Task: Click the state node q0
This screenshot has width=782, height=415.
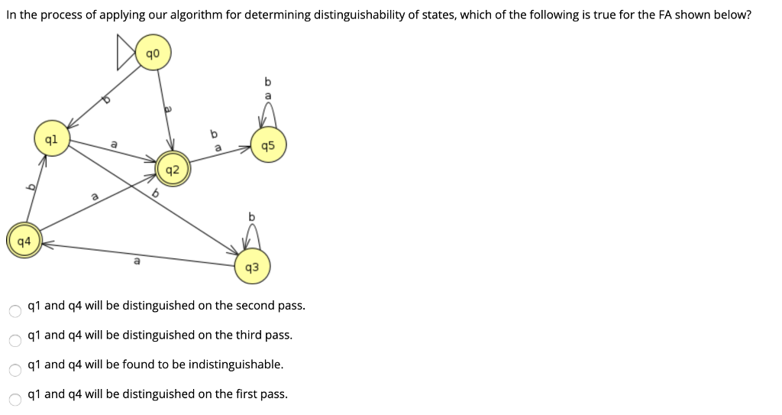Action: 153,53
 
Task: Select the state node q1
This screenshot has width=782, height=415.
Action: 50,140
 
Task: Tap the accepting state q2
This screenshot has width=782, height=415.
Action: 172,170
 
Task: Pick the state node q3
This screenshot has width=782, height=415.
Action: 252,267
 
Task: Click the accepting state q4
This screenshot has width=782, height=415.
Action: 24,242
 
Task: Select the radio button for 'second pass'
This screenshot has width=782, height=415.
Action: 15,310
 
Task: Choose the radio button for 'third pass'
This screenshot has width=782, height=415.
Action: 15,340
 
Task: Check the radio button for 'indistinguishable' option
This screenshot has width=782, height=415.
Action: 15,370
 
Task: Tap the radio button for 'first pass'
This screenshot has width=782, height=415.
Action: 15,399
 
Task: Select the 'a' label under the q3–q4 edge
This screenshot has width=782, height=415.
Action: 137,262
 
